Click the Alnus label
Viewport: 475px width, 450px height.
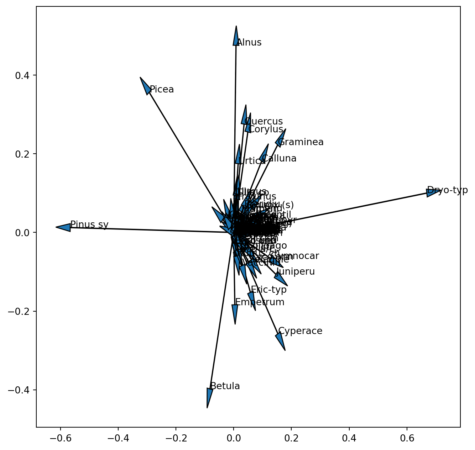(x=249, y=43)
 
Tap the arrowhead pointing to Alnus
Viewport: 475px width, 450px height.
(x=236, y=36)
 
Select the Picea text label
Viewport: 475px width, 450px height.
(x=162, y=90)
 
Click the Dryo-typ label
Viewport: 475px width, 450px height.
(x=447, y=190)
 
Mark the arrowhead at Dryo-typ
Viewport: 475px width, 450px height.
(x=433, y=192)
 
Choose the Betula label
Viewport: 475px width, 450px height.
(x=225, y=386)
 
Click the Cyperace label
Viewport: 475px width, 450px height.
(x=300, y=331)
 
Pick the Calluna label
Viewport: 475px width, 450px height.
(x=279, y=159)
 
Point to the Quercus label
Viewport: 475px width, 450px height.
(x=263, y=122)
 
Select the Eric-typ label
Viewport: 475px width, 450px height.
(x=269, y=290)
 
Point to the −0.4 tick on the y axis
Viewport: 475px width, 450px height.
(x=22, y=390)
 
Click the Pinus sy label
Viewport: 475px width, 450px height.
(x=89, y=225)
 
